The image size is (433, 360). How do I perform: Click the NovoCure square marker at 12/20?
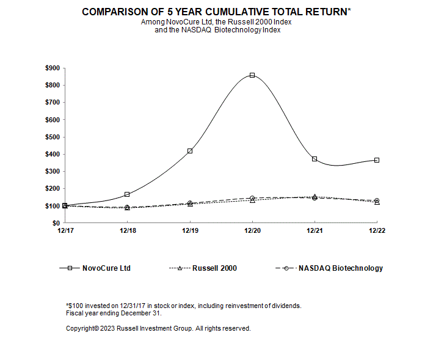pyautogui.click(x=252, y=75)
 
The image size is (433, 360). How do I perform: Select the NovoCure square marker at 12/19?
pyautogui.click(x=190, y=151)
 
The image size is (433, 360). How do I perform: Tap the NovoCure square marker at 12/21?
pyautogui.click(x=315, y=159)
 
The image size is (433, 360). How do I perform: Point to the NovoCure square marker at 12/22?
pyautogui.click(x=377, y=160)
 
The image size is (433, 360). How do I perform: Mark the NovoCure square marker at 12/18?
pyautogui.click(x=127, y=194)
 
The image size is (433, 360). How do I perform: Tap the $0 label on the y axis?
pyautogui.click(x=55, y=224)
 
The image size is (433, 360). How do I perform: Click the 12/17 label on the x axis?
pyautogui.click(x=65, y=231)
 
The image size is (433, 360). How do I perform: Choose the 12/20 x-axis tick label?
pyautogui.click(x=252, y=231)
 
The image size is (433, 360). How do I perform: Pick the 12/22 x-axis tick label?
pyautogui.click(x=377, y=231)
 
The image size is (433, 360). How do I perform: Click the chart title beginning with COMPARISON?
pyautogui.click(x=216, y=12)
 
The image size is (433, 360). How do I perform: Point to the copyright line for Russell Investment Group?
pyautogui.click(x=158, y=328)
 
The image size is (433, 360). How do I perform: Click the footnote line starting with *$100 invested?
pyautogui.click(x=183, y=306)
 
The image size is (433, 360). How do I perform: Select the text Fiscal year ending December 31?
pyautogui.click(x=114, y=313)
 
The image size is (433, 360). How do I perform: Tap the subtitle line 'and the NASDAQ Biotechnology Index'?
pyautogui.click(x=217, y=30)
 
